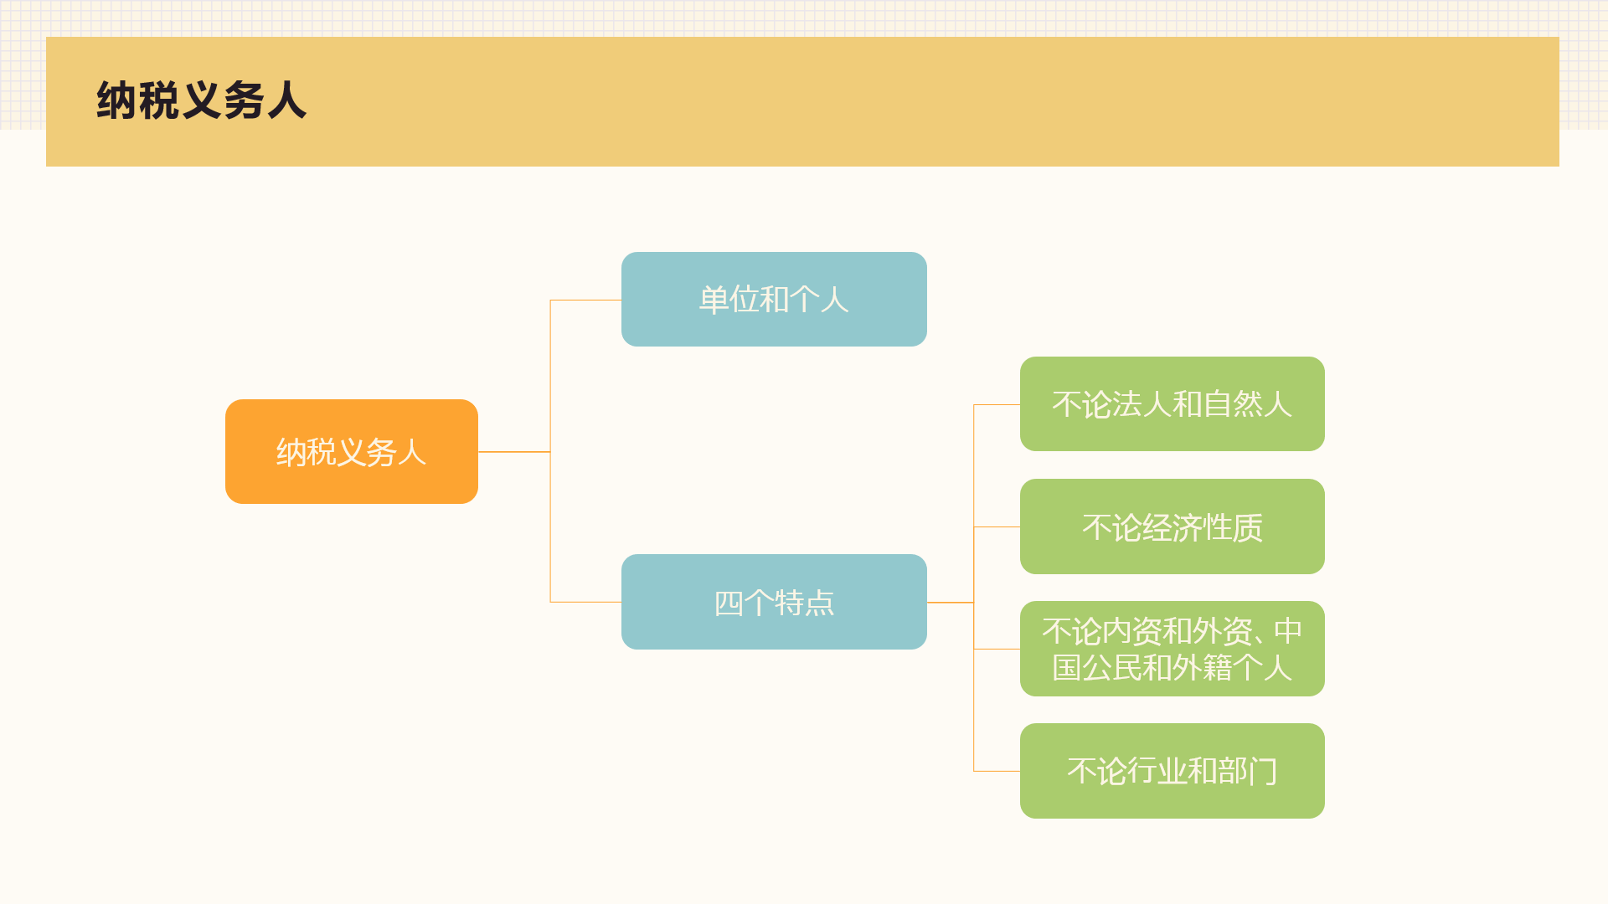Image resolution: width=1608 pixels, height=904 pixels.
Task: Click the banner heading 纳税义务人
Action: pos(201,100)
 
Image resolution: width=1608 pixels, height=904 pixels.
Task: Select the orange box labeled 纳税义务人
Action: pos(352,451)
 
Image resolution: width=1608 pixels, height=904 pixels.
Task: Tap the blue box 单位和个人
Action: pos(774,299)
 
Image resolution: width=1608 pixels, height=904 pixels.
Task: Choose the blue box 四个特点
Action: pos(774,602)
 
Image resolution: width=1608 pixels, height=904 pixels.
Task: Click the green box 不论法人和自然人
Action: pos(1172,403)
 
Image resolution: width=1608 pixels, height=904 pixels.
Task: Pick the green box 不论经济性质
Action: pos(1172,526)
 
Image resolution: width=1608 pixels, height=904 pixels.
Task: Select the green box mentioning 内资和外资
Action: pos(1172,649)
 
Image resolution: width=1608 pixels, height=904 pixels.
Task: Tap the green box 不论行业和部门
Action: pos(1172,771)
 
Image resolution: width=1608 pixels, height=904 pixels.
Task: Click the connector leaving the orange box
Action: pos(514,452)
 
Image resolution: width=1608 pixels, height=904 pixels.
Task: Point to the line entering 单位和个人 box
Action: pos(586,300)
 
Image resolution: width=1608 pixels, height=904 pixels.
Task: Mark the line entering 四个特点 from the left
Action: pos(586,602)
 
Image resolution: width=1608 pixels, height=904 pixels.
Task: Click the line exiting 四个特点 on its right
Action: pos(951,602)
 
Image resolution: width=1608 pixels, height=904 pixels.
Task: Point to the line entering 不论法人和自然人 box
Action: pos(997,404)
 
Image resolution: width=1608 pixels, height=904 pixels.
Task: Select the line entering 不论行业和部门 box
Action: pos(997,771)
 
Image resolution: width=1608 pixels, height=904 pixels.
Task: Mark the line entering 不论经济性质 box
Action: pos(997,526)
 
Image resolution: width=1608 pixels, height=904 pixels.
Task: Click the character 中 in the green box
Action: pos(1288,630)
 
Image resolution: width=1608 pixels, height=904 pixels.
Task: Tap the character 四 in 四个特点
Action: pos(729,603)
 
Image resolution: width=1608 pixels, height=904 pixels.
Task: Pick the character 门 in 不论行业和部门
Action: pos(1263,771)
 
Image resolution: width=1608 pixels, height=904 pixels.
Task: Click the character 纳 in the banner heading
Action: pos(116,100)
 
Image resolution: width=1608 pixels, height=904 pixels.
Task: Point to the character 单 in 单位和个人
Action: pos(714,300)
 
